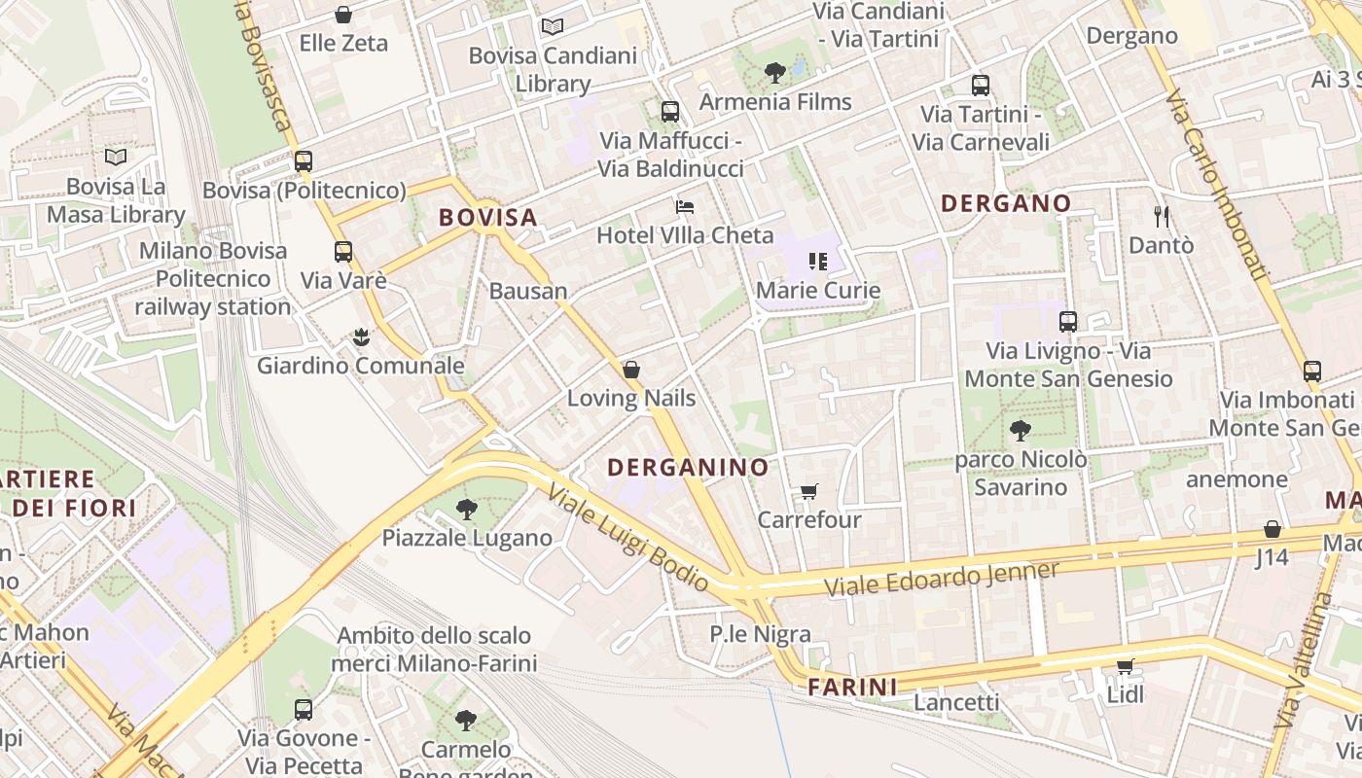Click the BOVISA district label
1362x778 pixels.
[x=487, y=217]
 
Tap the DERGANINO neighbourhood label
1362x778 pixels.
[x=688, y=467]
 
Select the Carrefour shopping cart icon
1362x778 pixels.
[x=808, y=491]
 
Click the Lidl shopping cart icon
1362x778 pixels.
[x=1126, y=666]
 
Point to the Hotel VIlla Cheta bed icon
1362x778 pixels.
[x=685, y=207]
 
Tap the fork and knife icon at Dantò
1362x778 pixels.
[x=1161, y=216]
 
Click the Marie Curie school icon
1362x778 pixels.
[x=817, y=261]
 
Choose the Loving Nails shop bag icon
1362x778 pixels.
[x=631, y=370]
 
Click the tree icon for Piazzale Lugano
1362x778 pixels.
[x=467, y=509]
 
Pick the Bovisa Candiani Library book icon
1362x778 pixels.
[x=553, y=26]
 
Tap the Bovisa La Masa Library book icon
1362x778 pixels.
[x=116, y=157]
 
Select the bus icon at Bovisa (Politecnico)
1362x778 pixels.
[x=304, y=161]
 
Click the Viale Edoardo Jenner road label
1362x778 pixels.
[x=941, y=580]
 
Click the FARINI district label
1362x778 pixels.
[x=852, y=688]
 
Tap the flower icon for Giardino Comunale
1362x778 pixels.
[x=361, y=337]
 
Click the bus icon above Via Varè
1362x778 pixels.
[x=343, y=252]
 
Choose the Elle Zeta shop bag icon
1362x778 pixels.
[x=343, y=15]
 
